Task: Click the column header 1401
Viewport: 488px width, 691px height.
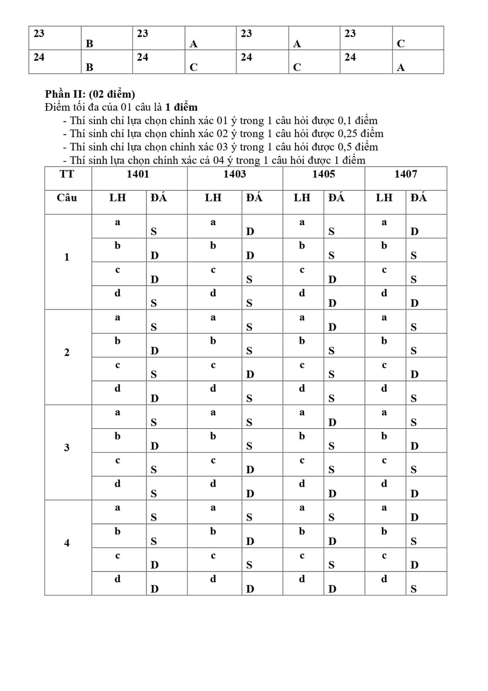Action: pyautogui.click(x=138, y=174)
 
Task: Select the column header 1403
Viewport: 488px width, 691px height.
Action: pyautogui.click(x=234, y=174)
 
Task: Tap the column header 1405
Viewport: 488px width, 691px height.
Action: pyautogui.click(x=323, y=174)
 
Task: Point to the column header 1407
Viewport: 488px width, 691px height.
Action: pyautogui.click(x=406, y=174)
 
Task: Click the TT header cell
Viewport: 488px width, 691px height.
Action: pyautogui.click(x=67, y=174)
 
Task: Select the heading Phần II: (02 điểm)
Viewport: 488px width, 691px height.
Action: pyautogui.click(x=89, y=94)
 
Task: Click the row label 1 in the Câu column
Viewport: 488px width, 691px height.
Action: pyautogui.click(x=67, y=257)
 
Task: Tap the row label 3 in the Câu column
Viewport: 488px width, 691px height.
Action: pyautogui.click(x=67, y=448)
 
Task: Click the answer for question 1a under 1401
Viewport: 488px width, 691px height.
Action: pyautogui.click(x=154, y=232)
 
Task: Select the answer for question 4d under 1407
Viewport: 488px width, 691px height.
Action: pyautogui.click(x=414, y=589)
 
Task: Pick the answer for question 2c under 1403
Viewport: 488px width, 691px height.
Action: pyautogui.click(x=249, y=375)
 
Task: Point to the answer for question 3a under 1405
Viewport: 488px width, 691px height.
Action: pyautogui.click(x=332, y=422)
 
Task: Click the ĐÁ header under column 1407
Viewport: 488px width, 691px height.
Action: pyautogui.click(x=419, y=198)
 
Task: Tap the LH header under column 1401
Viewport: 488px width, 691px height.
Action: pyautogui.click(x=117, y=198)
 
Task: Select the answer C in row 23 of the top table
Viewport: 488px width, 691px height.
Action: pyautogui.click(x=401, y=45)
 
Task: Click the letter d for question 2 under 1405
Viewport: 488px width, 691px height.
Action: pyautogui.click(x=302, y=389)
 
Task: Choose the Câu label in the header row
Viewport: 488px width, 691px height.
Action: pyautogui.click(x=67, y=198)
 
